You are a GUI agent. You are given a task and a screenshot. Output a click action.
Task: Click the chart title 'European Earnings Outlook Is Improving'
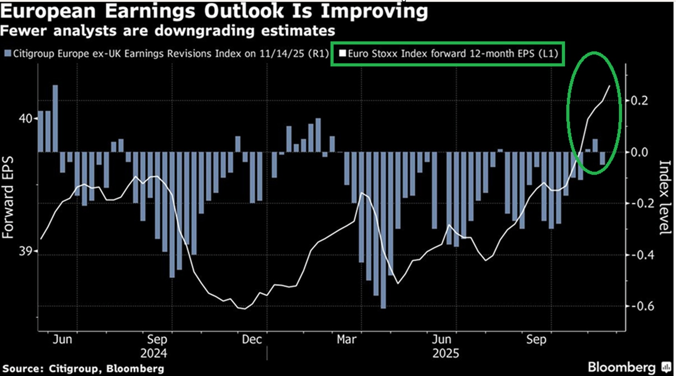tap(214, 11)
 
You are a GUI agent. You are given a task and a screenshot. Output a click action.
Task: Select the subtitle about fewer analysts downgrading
tap(168, 31)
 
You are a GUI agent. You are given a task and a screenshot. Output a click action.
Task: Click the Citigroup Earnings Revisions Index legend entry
tap(166, 54)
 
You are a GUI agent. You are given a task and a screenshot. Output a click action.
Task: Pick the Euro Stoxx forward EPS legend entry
tap(449, 54)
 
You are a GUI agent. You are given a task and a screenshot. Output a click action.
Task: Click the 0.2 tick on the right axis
tap(639, 100)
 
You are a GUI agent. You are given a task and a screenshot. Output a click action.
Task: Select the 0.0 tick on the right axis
tap(639, 152)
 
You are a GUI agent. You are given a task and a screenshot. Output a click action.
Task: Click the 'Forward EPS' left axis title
tap(8, 197)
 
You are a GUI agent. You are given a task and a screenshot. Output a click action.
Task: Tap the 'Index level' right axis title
tap(664, 197)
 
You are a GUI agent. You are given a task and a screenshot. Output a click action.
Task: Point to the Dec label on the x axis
tap(252, 340)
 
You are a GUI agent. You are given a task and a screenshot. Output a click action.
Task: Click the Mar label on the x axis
tap(346, 340)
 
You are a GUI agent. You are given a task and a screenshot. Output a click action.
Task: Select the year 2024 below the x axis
tap(154, 354)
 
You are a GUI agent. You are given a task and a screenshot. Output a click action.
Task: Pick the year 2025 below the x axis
tap(445, 354)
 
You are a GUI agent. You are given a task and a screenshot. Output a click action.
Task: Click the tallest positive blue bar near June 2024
tap(55, 118)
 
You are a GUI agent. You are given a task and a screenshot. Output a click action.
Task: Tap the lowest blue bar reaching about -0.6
tap(383, 230)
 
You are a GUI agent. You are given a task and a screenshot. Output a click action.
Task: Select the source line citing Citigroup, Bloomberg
tap(83, 368)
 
